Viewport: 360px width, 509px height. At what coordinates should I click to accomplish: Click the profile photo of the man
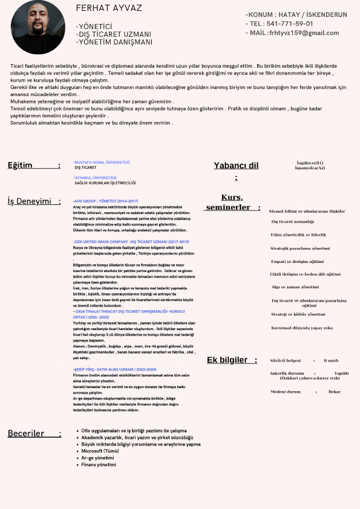pyautogui.click(x=36, y=27)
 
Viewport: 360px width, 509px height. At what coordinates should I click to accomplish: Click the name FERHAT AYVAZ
pyautogui.click(x=110, y=8)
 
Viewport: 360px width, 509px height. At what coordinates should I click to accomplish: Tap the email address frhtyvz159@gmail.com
pyautogui.click(x=303, y=33)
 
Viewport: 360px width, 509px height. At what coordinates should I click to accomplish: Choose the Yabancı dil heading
pyautogui.click(x=236, y=166)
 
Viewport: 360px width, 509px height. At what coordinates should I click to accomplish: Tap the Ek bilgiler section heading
pyautogui.click(x=227, y=360)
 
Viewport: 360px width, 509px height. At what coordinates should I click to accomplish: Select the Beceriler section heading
pyautogui.click(x=26, y=433)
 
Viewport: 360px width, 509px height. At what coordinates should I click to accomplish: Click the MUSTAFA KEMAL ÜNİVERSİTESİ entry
pyautogui.click(x=102, y=162)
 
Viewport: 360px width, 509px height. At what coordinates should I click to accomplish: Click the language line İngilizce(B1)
pyautogui.click(x=310, y=163)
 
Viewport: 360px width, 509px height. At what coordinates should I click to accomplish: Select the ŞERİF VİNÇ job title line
pyautogui.click(x=114, y=369)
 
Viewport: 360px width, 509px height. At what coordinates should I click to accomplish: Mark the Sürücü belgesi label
pyautogui.click(x=285, y=360)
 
